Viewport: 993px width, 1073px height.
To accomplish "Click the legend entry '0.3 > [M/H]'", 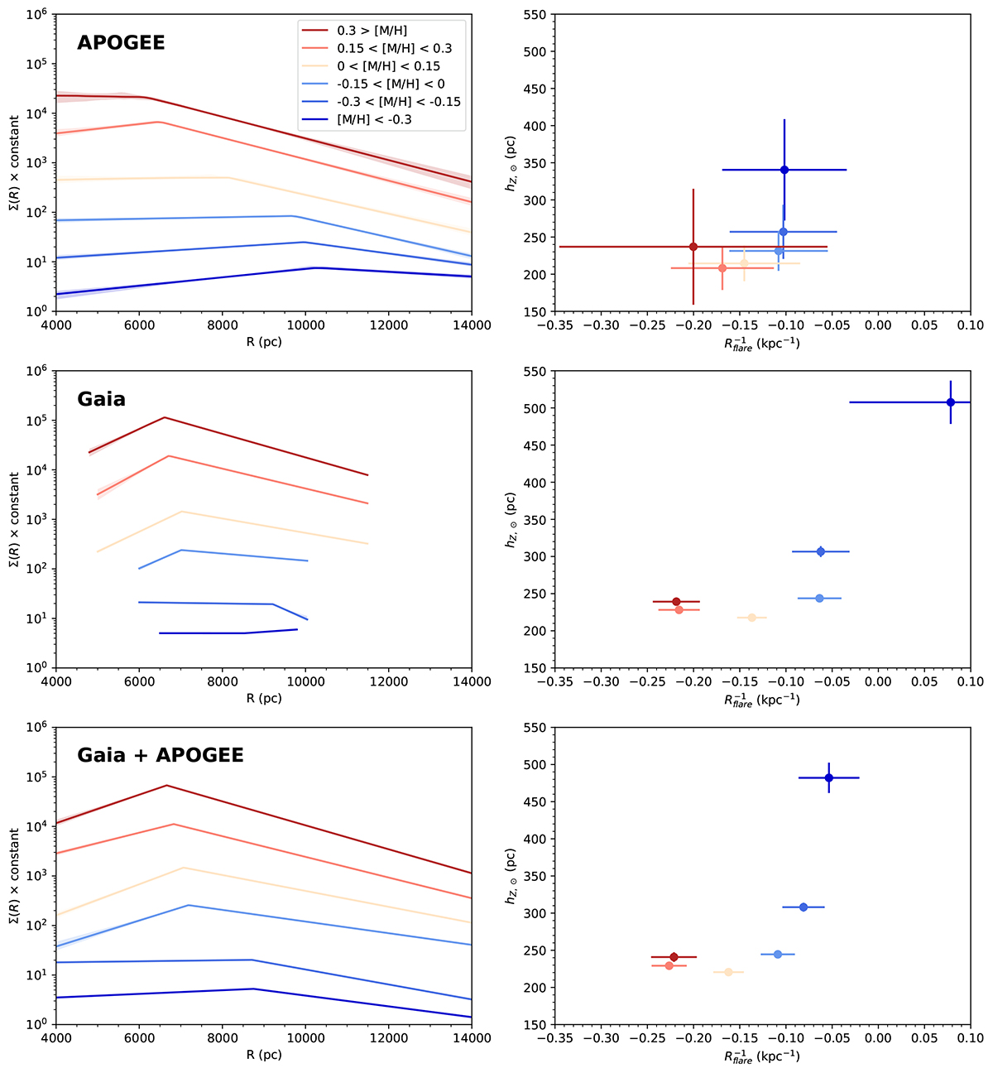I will point(372,31).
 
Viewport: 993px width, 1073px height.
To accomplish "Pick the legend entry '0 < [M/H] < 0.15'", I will point(388,66).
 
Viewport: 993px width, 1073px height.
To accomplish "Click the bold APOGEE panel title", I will point(121,42).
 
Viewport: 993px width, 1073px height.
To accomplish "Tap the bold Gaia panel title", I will point(101,399).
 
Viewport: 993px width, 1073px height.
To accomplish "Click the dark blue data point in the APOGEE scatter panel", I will point(784,170).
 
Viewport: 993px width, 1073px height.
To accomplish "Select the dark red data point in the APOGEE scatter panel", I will point(693,247).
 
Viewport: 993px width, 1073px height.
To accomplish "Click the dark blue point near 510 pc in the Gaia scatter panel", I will point(951,402).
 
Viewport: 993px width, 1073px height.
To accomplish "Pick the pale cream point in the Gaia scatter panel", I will point(751,618).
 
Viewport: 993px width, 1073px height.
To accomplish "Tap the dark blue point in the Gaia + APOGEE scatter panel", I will point(828,777).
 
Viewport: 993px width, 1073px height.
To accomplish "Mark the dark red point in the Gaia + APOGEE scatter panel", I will point(674,957).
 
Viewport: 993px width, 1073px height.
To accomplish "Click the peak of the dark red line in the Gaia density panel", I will point(165,417).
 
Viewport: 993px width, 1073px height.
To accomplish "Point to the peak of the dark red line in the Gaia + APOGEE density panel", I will point(166,785).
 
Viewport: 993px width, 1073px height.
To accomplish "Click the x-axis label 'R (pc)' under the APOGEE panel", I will point(263,342).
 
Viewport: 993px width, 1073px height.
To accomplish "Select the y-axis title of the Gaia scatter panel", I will point(511,519).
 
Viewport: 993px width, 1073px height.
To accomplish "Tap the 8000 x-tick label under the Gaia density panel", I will point(222,681).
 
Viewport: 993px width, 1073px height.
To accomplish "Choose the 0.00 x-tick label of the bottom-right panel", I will point(878,1037).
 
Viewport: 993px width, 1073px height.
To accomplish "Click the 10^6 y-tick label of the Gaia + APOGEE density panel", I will point(36,727).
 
